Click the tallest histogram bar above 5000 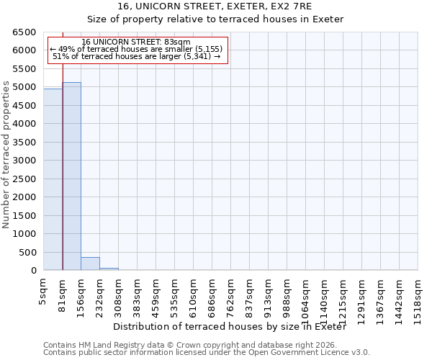coord(71,176)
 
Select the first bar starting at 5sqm coord(53,179)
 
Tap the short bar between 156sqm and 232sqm coord(90,264)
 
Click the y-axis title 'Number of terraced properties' coord(7,155)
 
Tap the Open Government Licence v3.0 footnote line coord(207,353)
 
